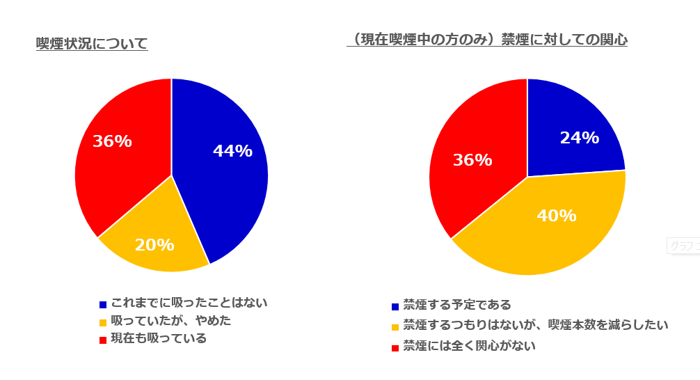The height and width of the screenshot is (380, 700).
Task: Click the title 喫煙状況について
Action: point(92,44)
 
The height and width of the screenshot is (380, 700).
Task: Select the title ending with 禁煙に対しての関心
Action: point(487,40)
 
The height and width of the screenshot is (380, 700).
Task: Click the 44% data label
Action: point(232,151)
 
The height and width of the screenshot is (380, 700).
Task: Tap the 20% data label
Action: point(154,245)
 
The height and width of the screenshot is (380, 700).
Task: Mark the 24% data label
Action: point(579,138)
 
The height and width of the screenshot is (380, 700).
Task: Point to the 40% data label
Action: point(556,216)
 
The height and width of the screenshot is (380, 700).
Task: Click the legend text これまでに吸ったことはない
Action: point(189,303)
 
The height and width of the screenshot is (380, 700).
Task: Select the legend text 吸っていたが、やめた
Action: point(170,321)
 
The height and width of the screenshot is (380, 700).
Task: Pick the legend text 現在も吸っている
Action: point(159,339)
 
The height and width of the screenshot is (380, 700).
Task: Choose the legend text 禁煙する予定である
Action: point(457,305)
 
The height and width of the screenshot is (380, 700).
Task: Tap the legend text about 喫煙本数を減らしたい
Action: point(536,325)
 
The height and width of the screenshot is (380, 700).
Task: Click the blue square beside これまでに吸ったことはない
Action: point(103,304)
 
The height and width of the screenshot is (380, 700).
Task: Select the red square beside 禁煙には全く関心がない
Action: point(395,347)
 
